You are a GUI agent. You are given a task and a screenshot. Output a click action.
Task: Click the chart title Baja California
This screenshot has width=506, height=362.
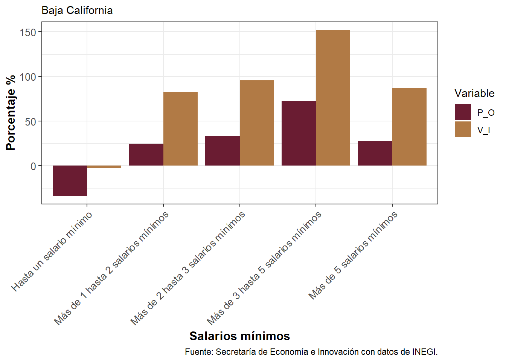point(77,10)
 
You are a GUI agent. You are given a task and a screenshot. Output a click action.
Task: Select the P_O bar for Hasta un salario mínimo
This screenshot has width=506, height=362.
point(70,180)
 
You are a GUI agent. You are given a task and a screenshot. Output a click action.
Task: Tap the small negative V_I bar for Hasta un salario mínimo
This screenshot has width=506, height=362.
point(104,167)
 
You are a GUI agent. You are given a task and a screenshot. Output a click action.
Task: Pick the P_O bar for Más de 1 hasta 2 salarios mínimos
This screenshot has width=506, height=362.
point(146,155)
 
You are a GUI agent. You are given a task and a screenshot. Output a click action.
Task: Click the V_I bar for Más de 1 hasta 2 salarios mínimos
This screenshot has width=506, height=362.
point(180,129)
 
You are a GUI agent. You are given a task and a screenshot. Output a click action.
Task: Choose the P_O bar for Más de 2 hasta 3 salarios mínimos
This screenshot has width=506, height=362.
point(223,150)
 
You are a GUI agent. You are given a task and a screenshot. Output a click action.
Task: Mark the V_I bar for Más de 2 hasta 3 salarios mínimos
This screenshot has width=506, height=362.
point(257,123)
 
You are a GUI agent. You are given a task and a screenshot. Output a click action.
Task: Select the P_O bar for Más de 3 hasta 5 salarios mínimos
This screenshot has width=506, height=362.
point(299,133)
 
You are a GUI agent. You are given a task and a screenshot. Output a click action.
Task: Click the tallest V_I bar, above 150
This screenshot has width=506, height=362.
point(333,98)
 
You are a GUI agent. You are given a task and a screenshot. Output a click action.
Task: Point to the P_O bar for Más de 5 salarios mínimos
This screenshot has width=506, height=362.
point(375,153)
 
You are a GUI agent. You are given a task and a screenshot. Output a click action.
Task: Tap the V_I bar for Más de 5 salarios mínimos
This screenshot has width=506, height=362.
point(409,127)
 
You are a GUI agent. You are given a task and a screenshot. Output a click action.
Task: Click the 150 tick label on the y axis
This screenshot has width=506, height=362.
point(28,32)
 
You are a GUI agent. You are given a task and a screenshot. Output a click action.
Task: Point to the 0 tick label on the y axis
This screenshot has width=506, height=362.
point(34,166)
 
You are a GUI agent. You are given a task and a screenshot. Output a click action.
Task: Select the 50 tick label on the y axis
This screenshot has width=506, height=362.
point(30,122)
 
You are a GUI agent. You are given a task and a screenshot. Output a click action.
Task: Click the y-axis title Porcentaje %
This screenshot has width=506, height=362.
point(11,113)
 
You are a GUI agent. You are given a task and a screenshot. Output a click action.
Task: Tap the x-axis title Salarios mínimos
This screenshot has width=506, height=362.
point(239,336)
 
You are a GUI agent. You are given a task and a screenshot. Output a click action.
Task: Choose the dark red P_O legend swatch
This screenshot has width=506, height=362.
point(463,112)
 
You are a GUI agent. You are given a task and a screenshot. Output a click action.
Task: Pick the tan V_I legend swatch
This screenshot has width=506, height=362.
point(463,129)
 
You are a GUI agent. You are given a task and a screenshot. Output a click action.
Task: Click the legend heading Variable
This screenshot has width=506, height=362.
point(474,93)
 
